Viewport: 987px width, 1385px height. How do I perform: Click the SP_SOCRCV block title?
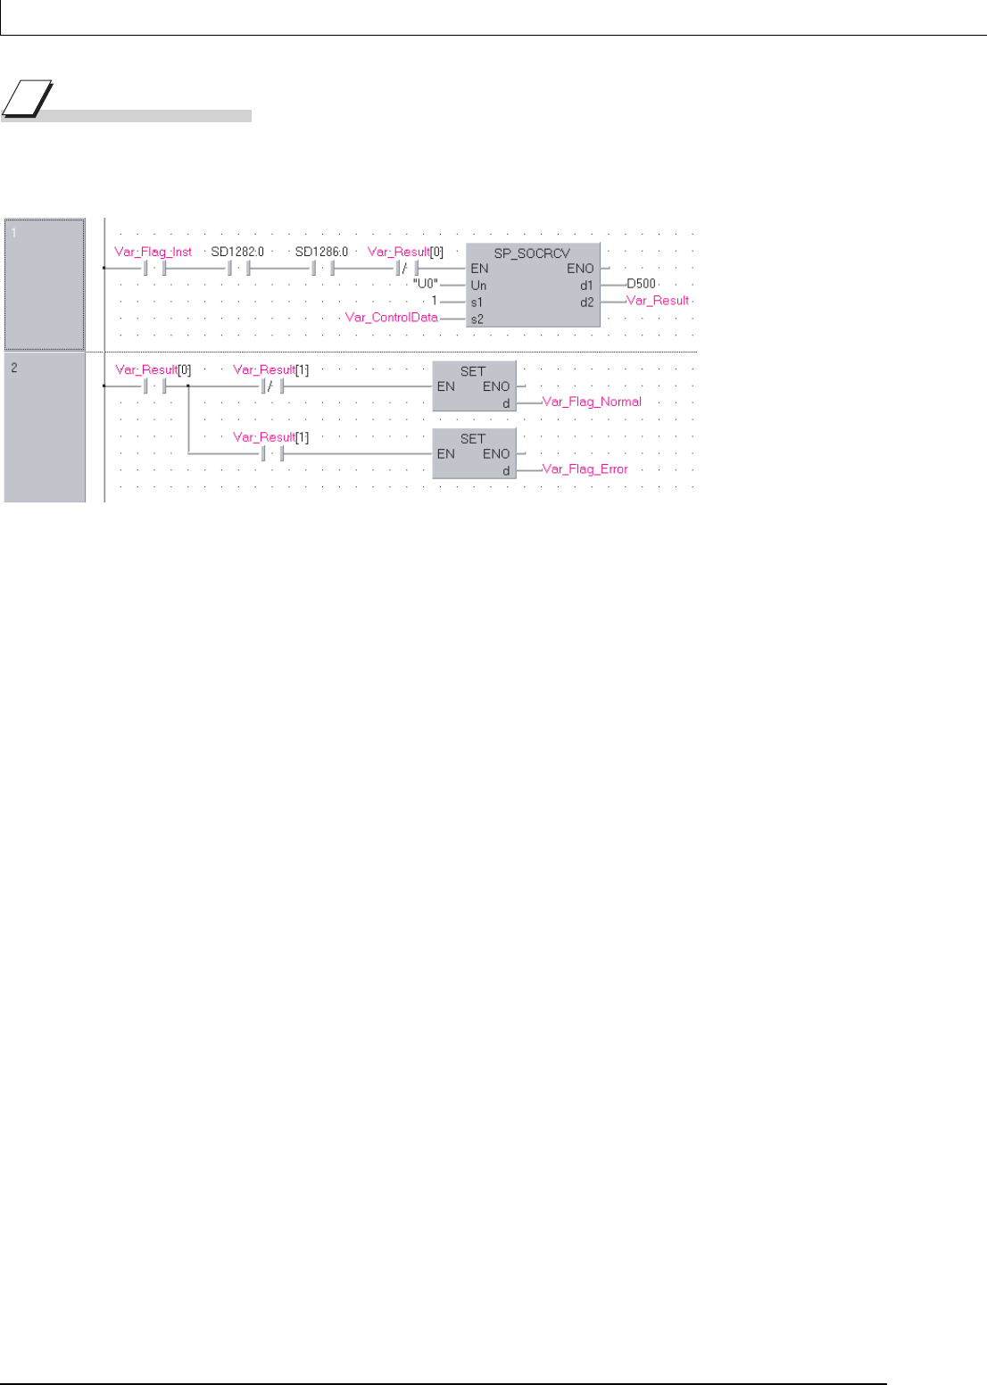[532, 253]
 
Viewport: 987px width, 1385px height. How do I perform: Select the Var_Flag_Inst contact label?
[153, 252]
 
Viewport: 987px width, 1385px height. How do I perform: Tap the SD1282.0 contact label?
[237, 252]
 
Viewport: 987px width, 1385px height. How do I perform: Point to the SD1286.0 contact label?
[321, 252]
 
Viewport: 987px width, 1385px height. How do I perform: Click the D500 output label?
[641, 284]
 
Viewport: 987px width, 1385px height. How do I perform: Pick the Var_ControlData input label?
[392, 317]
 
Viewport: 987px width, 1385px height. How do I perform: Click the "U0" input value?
[426, 285]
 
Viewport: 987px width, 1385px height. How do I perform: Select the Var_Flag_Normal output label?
[592, 402]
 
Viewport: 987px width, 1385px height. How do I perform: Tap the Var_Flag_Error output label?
[585, 469]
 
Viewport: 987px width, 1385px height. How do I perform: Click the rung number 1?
[13, 233]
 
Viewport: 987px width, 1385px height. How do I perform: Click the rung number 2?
[14, 367]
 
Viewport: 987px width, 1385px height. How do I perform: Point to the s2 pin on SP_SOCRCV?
[477, 318]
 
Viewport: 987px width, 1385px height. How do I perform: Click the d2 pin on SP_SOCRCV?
[586, 302]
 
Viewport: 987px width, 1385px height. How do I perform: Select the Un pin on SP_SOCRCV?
[478, 286]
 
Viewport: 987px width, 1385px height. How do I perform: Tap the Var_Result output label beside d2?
[658, 301]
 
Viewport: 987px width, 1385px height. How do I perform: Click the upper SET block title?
[473, 371]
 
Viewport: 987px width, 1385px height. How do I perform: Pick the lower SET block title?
[473, 438]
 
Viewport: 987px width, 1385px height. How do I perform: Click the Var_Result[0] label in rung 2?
[153, 369]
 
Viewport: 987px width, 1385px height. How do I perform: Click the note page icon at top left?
[27, 99]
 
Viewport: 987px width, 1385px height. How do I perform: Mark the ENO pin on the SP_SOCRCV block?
[580, 269]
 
